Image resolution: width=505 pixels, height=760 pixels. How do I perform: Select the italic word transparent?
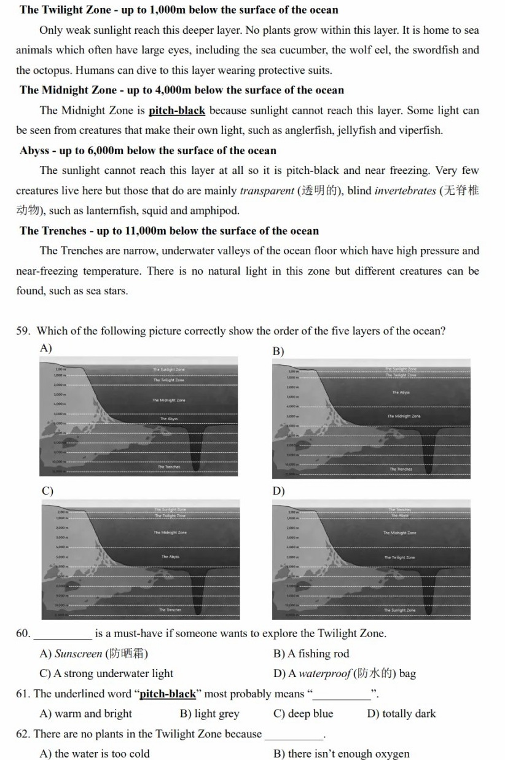click(x=267, y=190)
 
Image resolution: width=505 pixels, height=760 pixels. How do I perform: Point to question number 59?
click(x=23, y=331)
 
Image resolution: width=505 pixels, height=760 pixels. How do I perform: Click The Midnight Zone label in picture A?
click(x=168, y=400)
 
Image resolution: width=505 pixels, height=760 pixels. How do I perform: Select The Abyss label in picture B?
click(x=401, y=392)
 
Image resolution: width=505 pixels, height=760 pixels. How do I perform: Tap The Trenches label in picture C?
click(x=170, y=610)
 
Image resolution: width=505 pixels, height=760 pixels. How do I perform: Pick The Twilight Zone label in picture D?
click(x=399, y=557)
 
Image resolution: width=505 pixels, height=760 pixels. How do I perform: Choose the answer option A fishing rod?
click(x=311, y=654)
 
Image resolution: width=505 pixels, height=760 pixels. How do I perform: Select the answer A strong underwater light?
click(x=106, y=673)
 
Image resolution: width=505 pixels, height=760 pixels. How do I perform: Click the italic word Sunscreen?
click(x=78, y=654)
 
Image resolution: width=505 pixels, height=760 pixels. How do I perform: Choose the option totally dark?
click(x=401, y=713)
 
